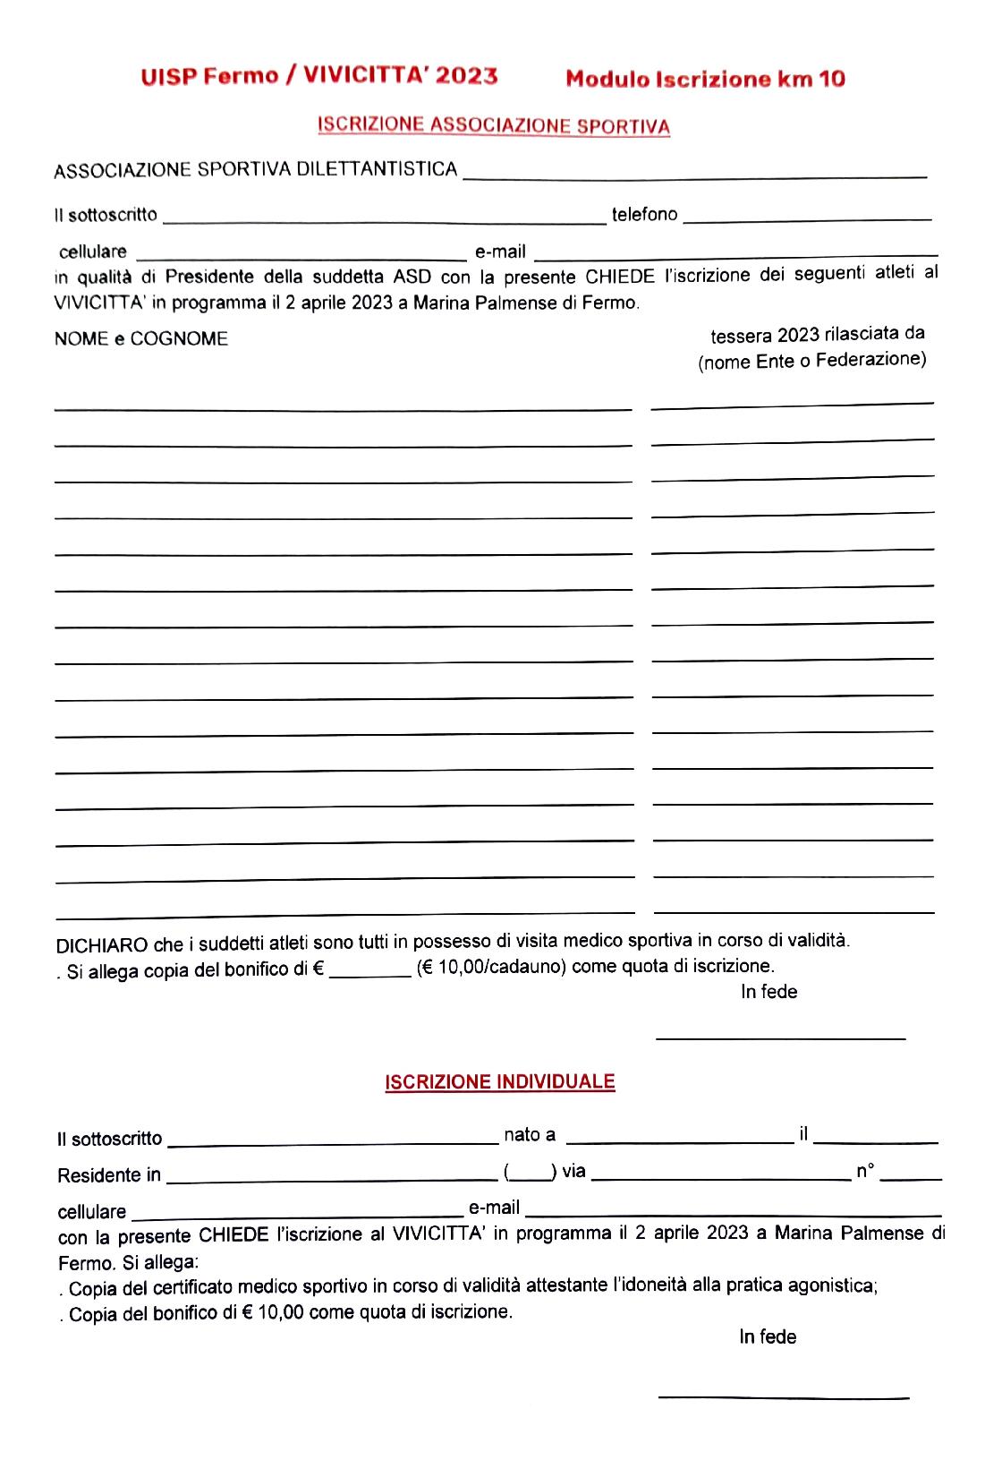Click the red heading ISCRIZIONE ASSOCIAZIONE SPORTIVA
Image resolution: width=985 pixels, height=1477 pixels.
point(493,125)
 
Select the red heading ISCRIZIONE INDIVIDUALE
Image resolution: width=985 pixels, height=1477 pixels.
point(500,1081)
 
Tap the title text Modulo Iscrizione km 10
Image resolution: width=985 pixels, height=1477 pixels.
point(705,79)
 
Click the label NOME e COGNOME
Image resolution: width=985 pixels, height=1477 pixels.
point(141,338)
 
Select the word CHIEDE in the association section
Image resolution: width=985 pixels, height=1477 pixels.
point(619,276)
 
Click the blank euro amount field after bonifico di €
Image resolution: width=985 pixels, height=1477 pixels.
point(369,974)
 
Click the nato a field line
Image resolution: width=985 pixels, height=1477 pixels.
point(680,1140)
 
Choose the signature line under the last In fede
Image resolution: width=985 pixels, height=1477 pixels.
point(783,1396)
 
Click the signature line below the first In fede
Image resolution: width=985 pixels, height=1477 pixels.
point(780,1038)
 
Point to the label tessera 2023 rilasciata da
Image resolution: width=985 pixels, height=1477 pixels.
point(817,335)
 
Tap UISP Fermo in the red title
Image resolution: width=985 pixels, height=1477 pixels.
point(209,77)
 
